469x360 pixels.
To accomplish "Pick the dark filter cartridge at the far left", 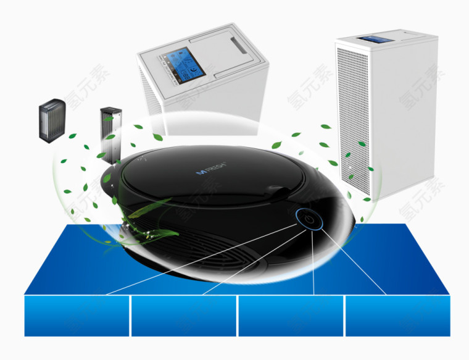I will (51, 120).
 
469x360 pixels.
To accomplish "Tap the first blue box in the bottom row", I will (77, 316).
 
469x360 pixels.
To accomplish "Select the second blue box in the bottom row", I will (184, 316).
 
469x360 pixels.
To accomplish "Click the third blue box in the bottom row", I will (291, 316).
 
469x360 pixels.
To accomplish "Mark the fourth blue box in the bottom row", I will (397, 316).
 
